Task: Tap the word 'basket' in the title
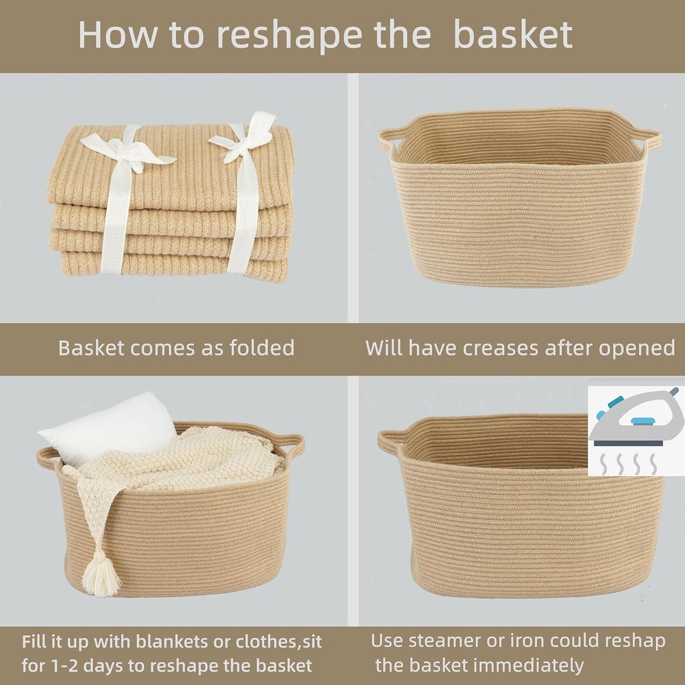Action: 513,35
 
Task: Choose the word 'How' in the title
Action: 117,35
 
